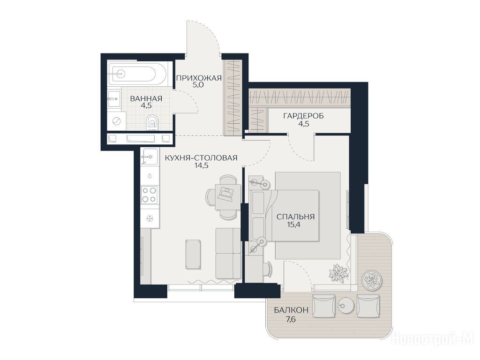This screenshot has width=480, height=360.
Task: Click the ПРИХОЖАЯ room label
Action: click(x=198, y=78)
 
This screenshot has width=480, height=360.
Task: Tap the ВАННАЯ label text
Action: click(x=146, y=98)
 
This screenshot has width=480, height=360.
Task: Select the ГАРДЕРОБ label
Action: click(x=303, y=116)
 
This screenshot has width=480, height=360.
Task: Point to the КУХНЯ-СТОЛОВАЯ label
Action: click(x=201, y=158)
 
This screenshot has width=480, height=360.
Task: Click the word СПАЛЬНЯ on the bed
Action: click(x=295, y=217)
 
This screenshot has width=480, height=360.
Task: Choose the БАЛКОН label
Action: click(x=291, y=310)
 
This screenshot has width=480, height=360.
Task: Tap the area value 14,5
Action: click(x=201, y=165)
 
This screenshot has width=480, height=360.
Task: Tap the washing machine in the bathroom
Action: click(x=117, y=121)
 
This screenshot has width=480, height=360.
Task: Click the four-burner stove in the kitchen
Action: click(x=150, y=195)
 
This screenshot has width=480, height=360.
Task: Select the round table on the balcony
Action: click(x=346, y=305)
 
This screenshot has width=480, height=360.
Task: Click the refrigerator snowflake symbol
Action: click(x=150, y=218)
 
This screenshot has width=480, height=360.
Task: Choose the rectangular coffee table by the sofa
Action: click(x=194, y=255)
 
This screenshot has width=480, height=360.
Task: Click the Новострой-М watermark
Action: click(x=433, y=339)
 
